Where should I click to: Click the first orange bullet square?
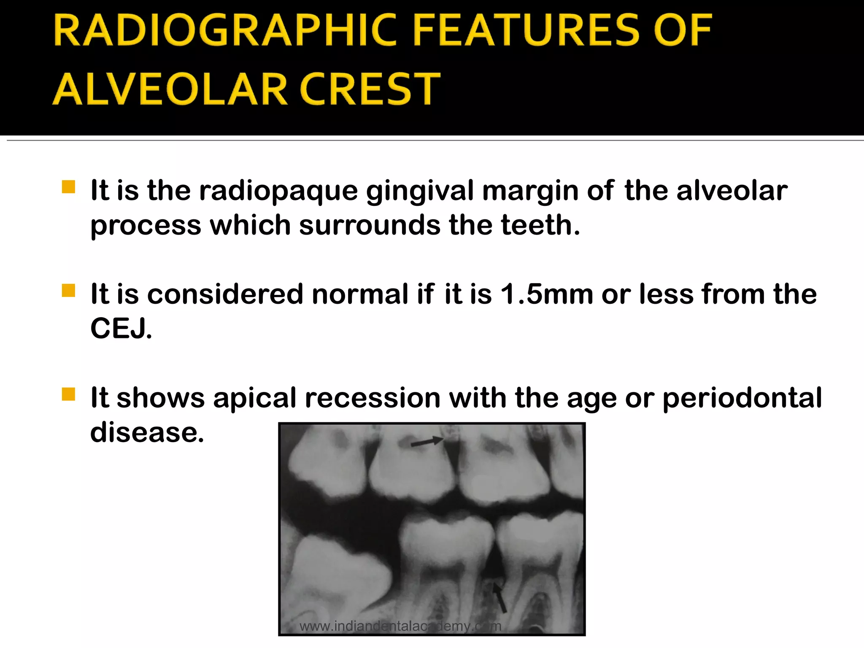pyautogui.click(x=68, y=187)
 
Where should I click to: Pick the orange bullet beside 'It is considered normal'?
pyautogui.click(x=68, y=291)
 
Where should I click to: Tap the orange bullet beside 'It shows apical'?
pyautogui.click(x=68, y=394)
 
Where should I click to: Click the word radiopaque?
pyautogui.click(x=278, y=191)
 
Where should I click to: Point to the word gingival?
pyautogui.click(x=420, y=191)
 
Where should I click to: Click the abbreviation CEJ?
pyautogui.click(x=121, y=329)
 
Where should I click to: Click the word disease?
pyautogui.click(x=147, y=432)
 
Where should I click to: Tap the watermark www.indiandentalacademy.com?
pyautogui.click(x=400, y=626)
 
